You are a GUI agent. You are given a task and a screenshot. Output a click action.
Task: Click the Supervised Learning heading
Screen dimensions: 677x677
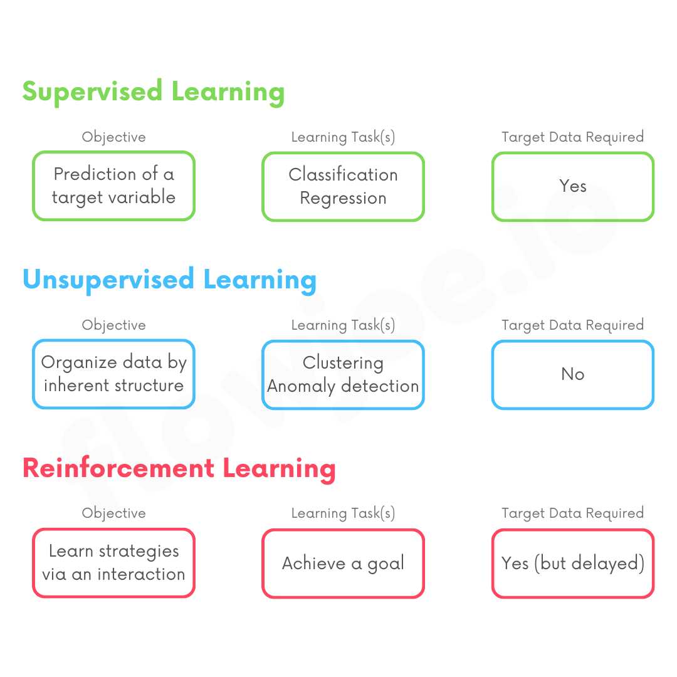(154, 92)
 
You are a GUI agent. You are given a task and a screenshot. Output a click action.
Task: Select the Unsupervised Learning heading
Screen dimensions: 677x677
(169, 280)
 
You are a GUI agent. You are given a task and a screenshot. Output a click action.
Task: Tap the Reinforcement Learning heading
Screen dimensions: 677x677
(179, 468)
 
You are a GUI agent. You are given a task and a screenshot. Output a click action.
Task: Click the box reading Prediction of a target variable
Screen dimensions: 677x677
(113, 186)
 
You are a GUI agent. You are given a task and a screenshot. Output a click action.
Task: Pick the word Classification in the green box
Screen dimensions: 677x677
(343, 175)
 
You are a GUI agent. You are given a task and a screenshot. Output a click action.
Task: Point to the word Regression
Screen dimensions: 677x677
(343, 198)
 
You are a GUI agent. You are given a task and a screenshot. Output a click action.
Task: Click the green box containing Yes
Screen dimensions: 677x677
(573, 186)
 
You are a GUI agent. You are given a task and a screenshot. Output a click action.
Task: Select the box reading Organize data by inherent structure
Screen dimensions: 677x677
(113, 374)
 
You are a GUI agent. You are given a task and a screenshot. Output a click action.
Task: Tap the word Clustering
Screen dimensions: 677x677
(343, 363)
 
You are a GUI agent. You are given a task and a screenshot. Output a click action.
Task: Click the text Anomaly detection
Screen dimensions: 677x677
(343, 386)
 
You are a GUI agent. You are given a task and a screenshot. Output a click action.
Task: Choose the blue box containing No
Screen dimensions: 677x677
(573, 374)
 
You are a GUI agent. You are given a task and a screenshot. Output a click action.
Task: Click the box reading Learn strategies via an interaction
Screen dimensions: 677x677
(113, 563)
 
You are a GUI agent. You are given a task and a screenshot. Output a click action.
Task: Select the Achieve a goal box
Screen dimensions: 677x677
(343, 563)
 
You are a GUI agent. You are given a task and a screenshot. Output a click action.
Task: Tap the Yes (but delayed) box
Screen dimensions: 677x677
(573, 563)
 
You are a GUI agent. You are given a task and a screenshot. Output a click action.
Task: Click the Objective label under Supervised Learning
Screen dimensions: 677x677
(113, 137)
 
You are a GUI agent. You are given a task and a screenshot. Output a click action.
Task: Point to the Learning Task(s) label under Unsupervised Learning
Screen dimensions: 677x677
(343, 325)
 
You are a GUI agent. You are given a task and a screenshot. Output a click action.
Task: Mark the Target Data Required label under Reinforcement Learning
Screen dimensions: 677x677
(573, 513)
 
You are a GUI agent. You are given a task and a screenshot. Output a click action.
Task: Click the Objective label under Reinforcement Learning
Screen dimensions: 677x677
(113, 513)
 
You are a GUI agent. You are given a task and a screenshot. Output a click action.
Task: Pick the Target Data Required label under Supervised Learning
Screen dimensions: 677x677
(573, 137)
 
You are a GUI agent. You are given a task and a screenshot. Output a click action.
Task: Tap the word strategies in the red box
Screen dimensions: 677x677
(139, 552)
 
